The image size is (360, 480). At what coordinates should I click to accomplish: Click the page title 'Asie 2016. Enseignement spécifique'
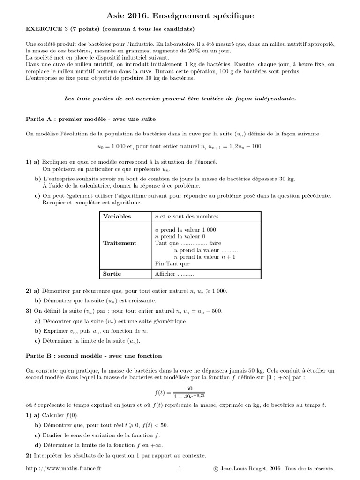(x=180, y=16)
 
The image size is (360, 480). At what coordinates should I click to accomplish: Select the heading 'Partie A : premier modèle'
(x=90, y=119)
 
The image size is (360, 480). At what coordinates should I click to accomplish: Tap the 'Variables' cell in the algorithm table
(x=117, y=217)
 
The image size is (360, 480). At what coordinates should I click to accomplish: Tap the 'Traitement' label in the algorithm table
(x=120, y=243)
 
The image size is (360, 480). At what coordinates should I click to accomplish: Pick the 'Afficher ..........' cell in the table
(x=174, y=274)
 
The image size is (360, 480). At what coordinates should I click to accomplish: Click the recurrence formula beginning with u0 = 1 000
(x=180, y=146)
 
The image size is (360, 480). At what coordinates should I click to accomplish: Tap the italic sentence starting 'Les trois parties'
(x=180, y=99)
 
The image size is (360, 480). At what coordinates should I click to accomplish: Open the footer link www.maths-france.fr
(x=63, y=468)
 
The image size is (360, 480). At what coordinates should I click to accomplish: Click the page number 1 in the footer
(x=180, y=468)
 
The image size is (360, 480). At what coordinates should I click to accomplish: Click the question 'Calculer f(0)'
(x=58, y=415)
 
